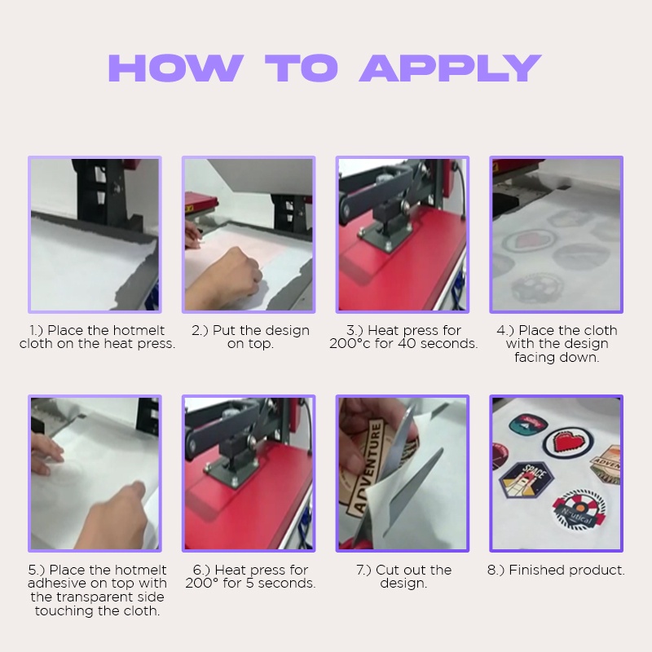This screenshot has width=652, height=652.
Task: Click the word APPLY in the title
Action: point(451,68)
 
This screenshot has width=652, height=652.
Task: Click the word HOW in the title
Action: point(176,68)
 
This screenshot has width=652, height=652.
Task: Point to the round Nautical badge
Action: point(579,511)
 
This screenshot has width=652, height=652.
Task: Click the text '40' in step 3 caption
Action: point(407,344)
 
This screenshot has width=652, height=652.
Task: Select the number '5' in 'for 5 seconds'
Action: point(249,584)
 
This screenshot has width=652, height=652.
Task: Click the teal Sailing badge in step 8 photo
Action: point(528,424)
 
